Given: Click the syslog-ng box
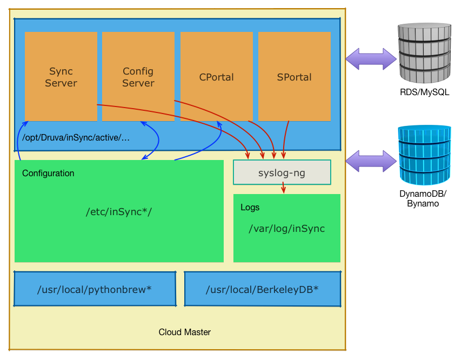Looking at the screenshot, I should coord(282,172).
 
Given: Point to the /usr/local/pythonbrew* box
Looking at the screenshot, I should coord(95,289).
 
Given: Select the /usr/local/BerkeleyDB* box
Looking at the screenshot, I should coord(262,289).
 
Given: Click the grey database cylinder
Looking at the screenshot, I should coord(425,52).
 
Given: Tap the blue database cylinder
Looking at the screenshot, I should coord(425,155).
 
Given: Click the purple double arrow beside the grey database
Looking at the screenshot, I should coord(371,59).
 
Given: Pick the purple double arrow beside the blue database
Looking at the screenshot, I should coord(371,161).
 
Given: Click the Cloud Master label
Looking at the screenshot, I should coord(184,332).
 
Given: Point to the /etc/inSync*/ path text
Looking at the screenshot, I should coord(119,211).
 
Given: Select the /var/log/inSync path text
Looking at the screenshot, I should coord(286,229).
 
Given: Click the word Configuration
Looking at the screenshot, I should coord(48,174).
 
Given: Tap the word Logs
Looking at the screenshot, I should coord(250,208).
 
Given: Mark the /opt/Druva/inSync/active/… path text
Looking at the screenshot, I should coord(76,138).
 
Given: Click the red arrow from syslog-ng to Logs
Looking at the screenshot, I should coord(283,188).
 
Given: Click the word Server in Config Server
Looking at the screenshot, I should coord(138,83).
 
